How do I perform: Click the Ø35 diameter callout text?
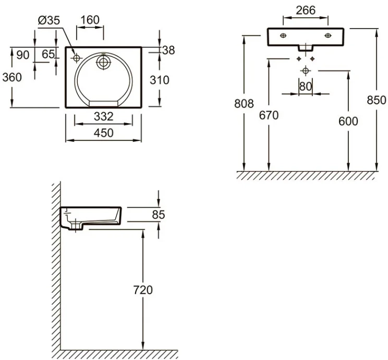tap(49, 20)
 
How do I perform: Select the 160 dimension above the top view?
tap(89, 20)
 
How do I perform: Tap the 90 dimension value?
tap(22, 54)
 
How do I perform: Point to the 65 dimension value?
tap(48, 54)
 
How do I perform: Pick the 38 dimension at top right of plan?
tap(167, 50)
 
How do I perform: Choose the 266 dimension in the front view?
tap(305, 10)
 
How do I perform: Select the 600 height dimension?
tap(348, 121)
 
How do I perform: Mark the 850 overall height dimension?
tap(377, 100)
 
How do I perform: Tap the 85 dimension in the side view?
tap(159, 214)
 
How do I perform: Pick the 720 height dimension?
tap(142, 290)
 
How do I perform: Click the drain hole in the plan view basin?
tap(104, 63)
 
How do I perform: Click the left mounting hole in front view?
tap(283, 35)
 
